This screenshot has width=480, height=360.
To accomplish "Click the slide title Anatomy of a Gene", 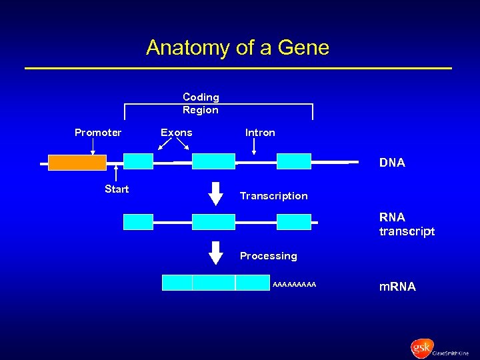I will (x=237, y=48).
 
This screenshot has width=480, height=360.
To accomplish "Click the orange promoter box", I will (x=77, y=162).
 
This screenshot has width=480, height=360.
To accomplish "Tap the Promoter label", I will (x=98, y=133).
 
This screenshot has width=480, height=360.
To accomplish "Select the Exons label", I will (x=176, y=133).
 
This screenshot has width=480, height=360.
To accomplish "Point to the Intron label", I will (x=260, y=133).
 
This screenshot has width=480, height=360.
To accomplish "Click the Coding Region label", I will (x=201, y=103).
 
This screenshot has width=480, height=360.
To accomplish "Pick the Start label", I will (x=117, y=189).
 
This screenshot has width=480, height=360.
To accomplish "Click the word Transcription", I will (x=273, y=196).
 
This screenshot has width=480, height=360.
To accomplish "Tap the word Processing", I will (x=268, y=256).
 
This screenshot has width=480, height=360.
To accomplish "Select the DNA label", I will (x=392, y=163).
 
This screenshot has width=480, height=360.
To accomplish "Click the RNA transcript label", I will (x=407, y=224).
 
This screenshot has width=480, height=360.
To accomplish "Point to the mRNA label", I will (x=397, y=287).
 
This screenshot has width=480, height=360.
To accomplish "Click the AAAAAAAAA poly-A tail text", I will (x=295, y=285).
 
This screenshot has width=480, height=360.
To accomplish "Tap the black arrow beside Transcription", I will (x=215, y=193).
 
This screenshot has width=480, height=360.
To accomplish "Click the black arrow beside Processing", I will (x=215, y=253).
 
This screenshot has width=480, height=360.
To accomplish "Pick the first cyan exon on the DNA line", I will (x=138, y=162).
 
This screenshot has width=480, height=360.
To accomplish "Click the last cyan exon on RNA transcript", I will (x=294, y=222).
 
